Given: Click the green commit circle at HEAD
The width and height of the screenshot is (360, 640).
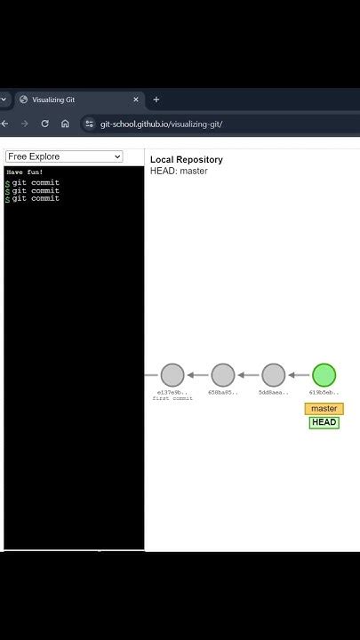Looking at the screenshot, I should [324, 375].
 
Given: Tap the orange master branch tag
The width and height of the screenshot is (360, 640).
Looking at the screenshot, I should [324, 409].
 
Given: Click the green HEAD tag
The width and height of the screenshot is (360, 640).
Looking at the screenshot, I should [324, 422].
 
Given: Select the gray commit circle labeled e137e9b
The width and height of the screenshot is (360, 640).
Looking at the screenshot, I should [172, 375].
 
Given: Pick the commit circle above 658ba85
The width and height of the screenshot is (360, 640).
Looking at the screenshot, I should [223, 375].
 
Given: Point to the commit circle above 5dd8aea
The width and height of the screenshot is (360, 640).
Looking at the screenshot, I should [274, 375].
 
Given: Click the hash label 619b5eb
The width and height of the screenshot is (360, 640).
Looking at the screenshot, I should [324, 392].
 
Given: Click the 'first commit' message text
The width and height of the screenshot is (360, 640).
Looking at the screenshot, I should [172, 398].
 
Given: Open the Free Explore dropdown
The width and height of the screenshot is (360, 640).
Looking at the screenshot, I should [63, 156].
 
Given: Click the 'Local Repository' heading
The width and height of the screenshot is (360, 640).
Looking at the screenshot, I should [187, 160].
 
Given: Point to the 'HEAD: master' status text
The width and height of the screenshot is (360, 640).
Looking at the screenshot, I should [179, 171].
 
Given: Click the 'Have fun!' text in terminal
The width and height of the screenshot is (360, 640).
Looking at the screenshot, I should [25, 172].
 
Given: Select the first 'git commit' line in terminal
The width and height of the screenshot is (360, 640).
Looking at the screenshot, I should [36, 182].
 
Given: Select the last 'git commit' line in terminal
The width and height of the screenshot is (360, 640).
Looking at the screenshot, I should [36, 198].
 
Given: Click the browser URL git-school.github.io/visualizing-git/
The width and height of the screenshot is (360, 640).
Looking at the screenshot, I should [161, 124].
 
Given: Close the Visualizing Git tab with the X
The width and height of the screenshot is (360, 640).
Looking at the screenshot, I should [136, 100].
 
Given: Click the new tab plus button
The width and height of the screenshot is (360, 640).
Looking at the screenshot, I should [156, 100].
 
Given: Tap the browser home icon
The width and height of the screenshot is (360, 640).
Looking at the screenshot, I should [65, 124].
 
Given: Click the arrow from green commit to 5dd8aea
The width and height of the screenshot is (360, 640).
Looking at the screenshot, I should [300, 375].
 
